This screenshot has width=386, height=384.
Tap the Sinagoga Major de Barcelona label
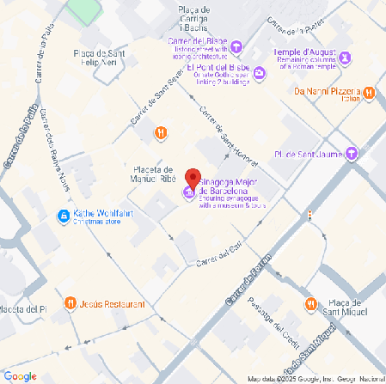tap(231, 182)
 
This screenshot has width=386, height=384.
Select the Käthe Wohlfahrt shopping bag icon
tap(63, 215)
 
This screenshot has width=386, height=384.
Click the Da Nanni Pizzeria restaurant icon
tap(368, 92)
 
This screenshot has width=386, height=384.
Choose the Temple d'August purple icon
tap(346, 58)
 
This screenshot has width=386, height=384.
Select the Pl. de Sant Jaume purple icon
tap(352, 154)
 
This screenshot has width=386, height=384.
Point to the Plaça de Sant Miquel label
tap(348, 308)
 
